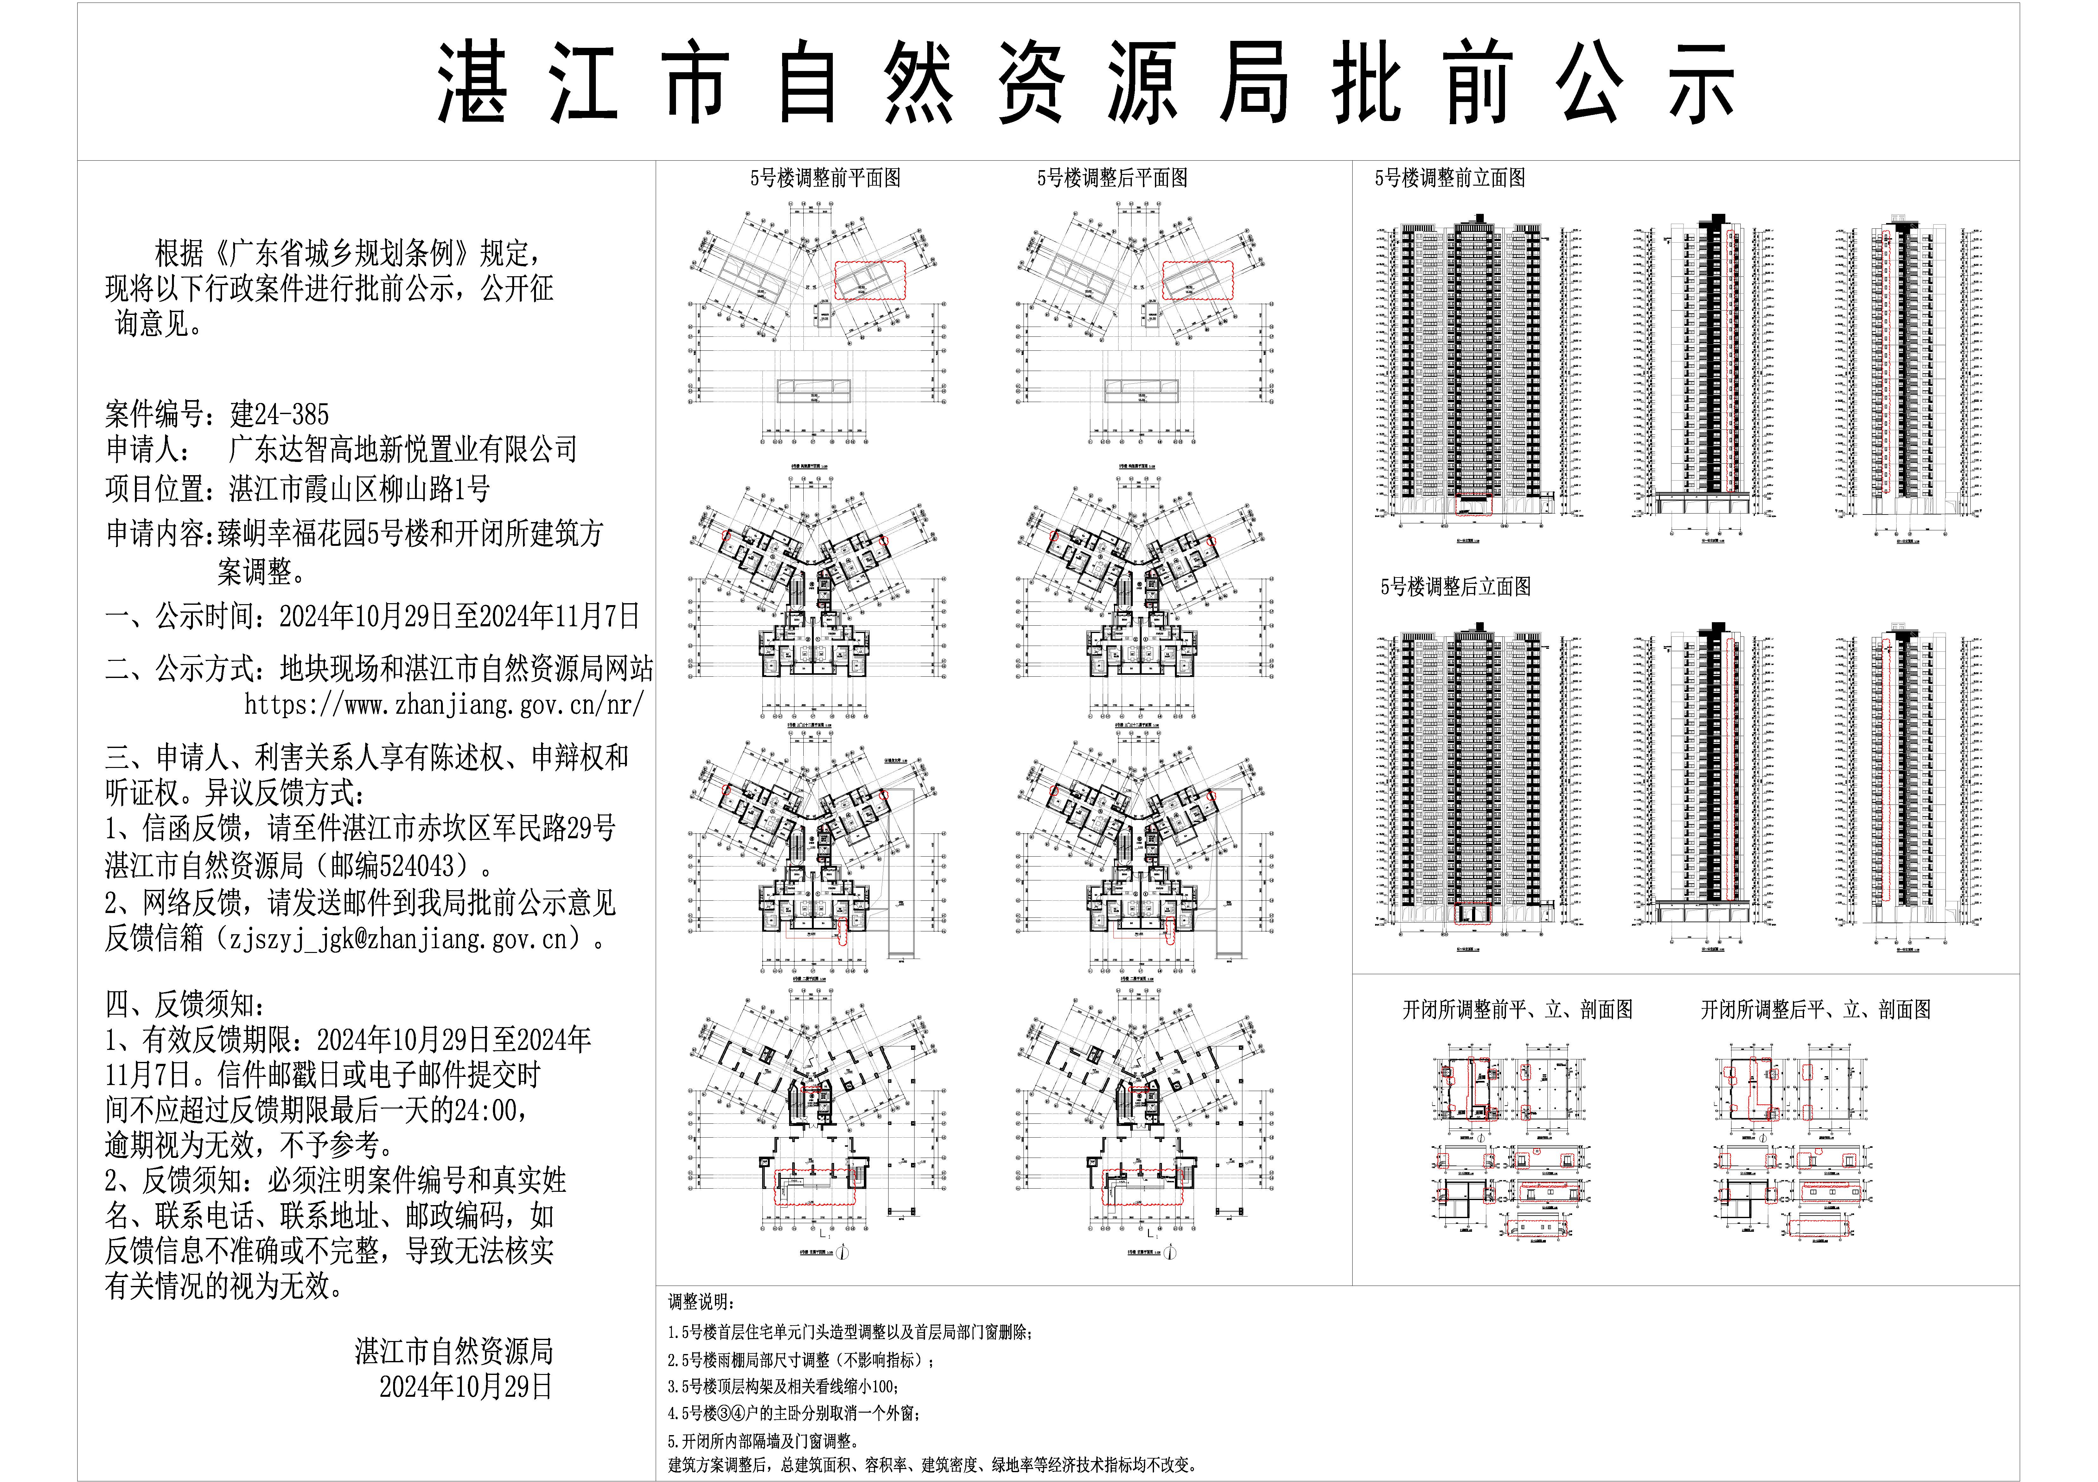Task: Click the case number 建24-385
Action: pos(280,415)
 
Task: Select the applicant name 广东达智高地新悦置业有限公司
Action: pos(402,450)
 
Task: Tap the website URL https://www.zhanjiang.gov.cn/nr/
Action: pos(444,705)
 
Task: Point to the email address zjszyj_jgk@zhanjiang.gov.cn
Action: pos(398,938)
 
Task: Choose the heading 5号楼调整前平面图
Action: pos(825,178)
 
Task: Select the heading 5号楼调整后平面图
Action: pos(1112,178)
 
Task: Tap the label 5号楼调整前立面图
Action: pos(1450,178)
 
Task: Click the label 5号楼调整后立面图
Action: pos(1456,587)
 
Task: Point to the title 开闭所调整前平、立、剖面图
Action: pos(1517,1010)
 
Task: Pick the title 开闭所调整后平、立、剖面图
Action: pos(1816,1010)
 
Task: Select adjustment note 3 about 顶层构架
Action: pos(783,1386)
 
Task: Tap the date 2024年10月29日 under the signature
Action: pos(466,1386)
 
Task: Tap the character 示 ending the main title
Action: pos(1700,84)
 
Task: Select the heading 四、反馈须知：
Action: pos(186,1005)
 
